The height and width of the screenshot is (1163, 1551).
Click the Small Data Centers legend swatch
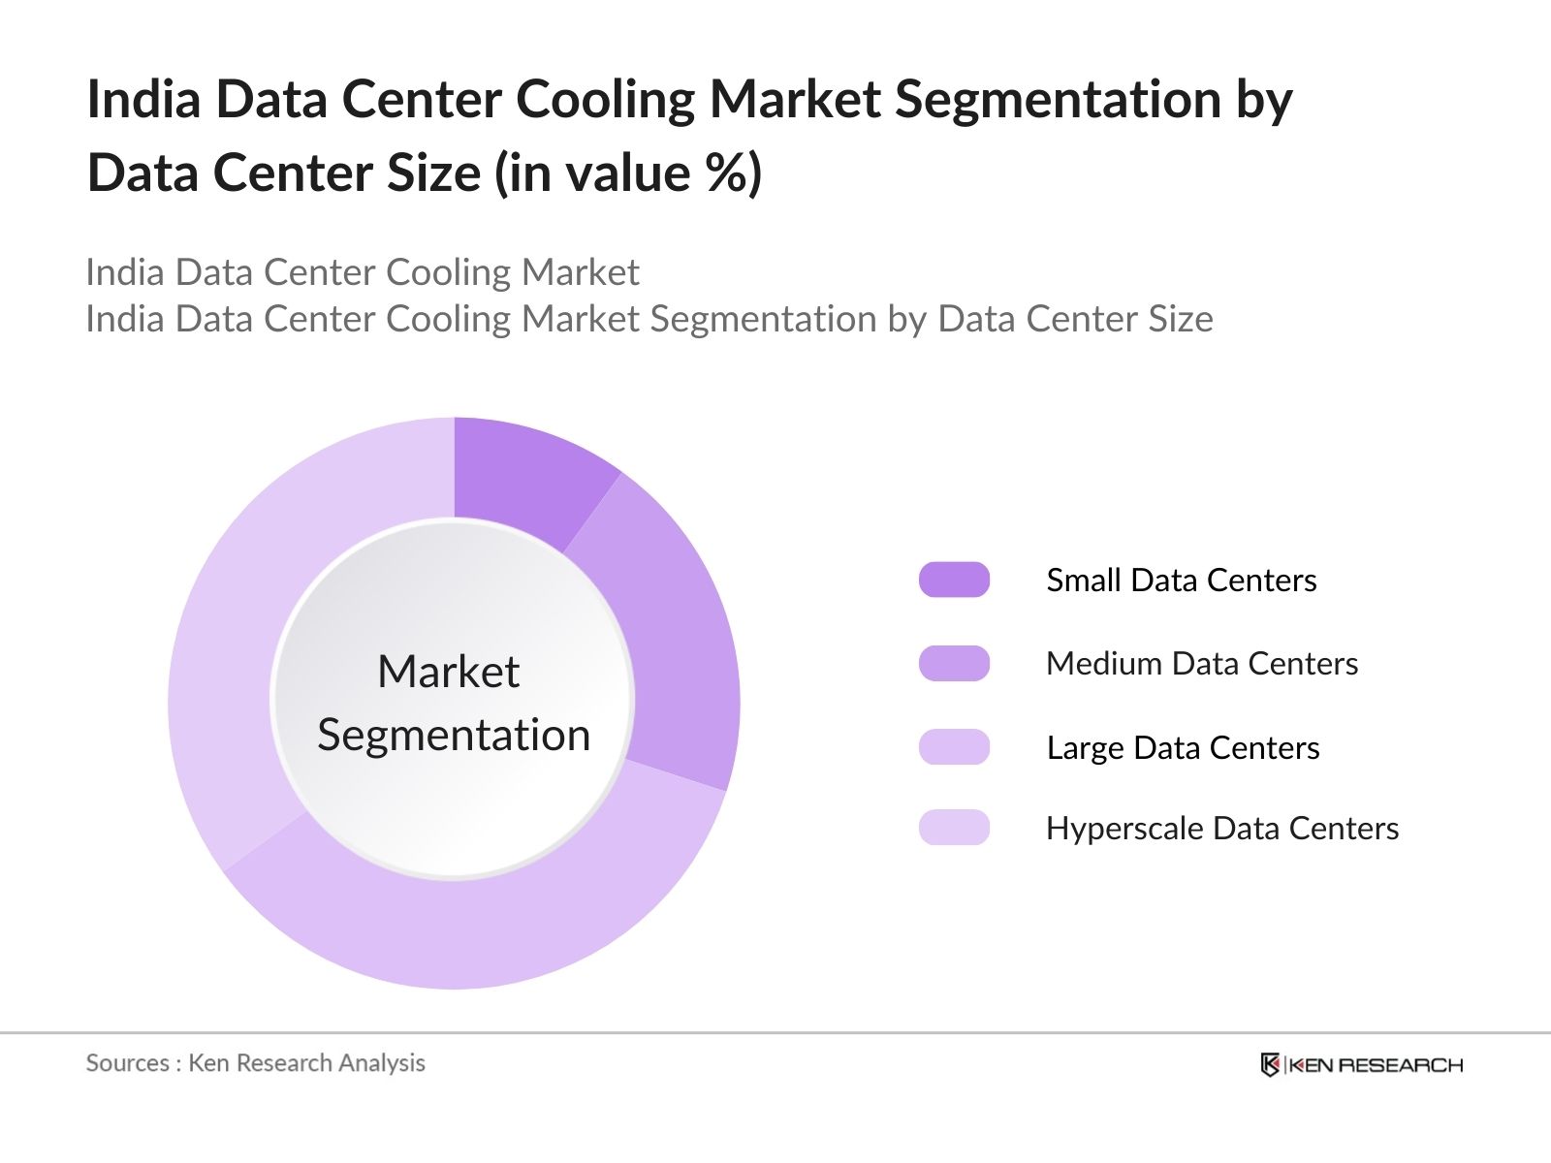tap(954, 580)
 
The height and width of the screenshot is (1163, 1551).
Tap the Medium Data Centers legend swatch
tap(954, 664)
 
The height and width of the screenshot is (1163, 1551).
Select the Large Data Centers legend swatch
tap(954, 747)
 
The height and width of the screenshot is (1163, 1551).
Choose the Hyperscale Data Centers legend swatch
tap(954, 828)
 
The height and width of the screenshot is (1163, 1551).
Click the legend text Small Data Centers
tap(1181, 580)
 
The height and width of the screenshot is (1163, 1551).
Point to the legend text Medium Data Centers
tap(1202, 664)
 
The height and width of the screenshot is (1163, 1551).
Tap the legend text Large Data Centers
tap(1183, 747)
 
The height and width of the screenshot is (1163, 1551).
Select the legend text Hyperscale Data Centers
tap(1221, 828)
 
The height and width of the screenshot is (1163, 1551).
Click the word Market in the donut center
tap(448, 671)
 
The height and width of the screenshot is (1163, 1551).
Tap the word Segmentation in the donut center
tap(454, 735)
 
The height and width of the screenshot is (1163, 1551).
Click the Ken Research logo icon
tap(1270, 1064)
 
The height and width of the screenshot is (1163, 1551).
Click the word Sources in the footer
tap(127, 1063)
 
